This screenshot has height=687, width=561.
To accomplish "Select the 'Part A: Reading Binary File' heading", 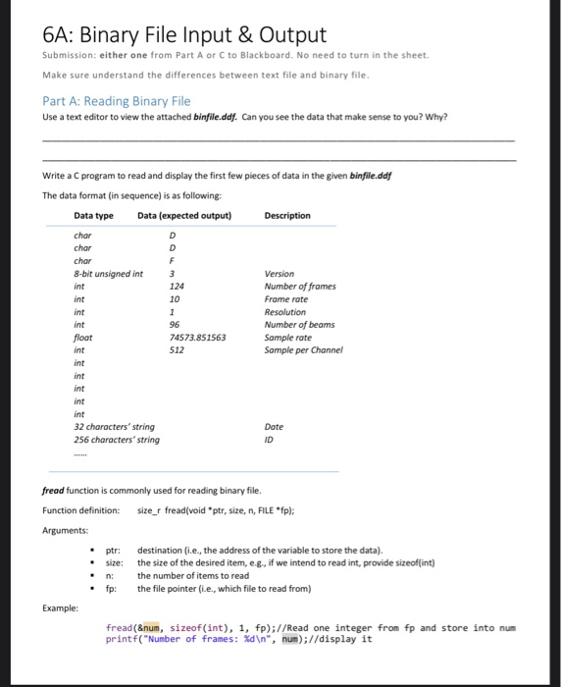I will click(116, 100).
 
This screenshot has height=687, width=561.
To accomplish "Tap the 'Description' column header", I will click(287, 216).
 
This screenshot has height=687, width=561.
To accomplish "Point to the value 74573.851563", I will click(198, 337).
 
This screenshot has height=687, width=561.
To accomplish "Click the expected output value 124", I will click(177, 286).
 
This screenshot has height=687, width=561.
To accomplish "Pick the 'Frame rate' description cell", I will click(286, 298).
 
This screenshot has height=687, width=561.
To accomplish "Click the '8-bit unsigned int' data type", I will click(109, 274).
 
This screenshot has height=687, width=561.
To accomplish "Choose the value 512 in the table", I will click(177, 349).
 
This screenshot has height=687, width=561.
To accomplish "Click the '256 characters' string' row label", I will click(117, 440).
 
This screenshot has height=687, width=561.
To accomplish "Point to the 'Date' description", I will click(274, 427).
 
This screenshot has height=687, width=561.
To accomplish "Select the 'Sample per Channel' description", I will click(304, 349).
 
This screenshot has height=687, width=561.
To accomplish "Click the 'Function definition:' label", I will click(81, 511).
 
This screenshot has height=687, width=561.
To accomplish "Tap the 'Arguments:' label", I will click(65, 531).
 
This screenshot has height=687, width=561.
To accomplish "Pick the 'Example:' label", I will click(61, 608).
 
